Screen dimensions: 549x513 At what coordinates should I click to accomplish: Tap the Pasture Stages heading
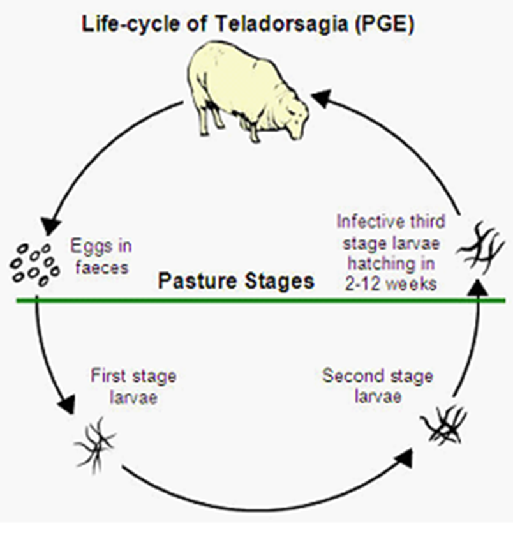pyautogui.click(x=236, y=281)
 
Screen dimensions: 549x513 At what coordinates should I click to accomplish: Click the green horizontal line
pyautogui.click(x=255, y=299)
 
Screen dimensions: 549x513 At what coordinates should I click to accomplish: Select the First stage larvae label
pyautogui.click(x=133, y=385)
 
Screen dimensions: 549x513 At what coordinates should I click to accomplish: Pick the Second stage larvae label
pyautogui.click(x=377, y=385)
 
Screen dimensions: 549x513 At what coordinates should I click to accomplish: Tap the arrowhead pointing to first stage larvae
pyautogui.click(x=66, y=403)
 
